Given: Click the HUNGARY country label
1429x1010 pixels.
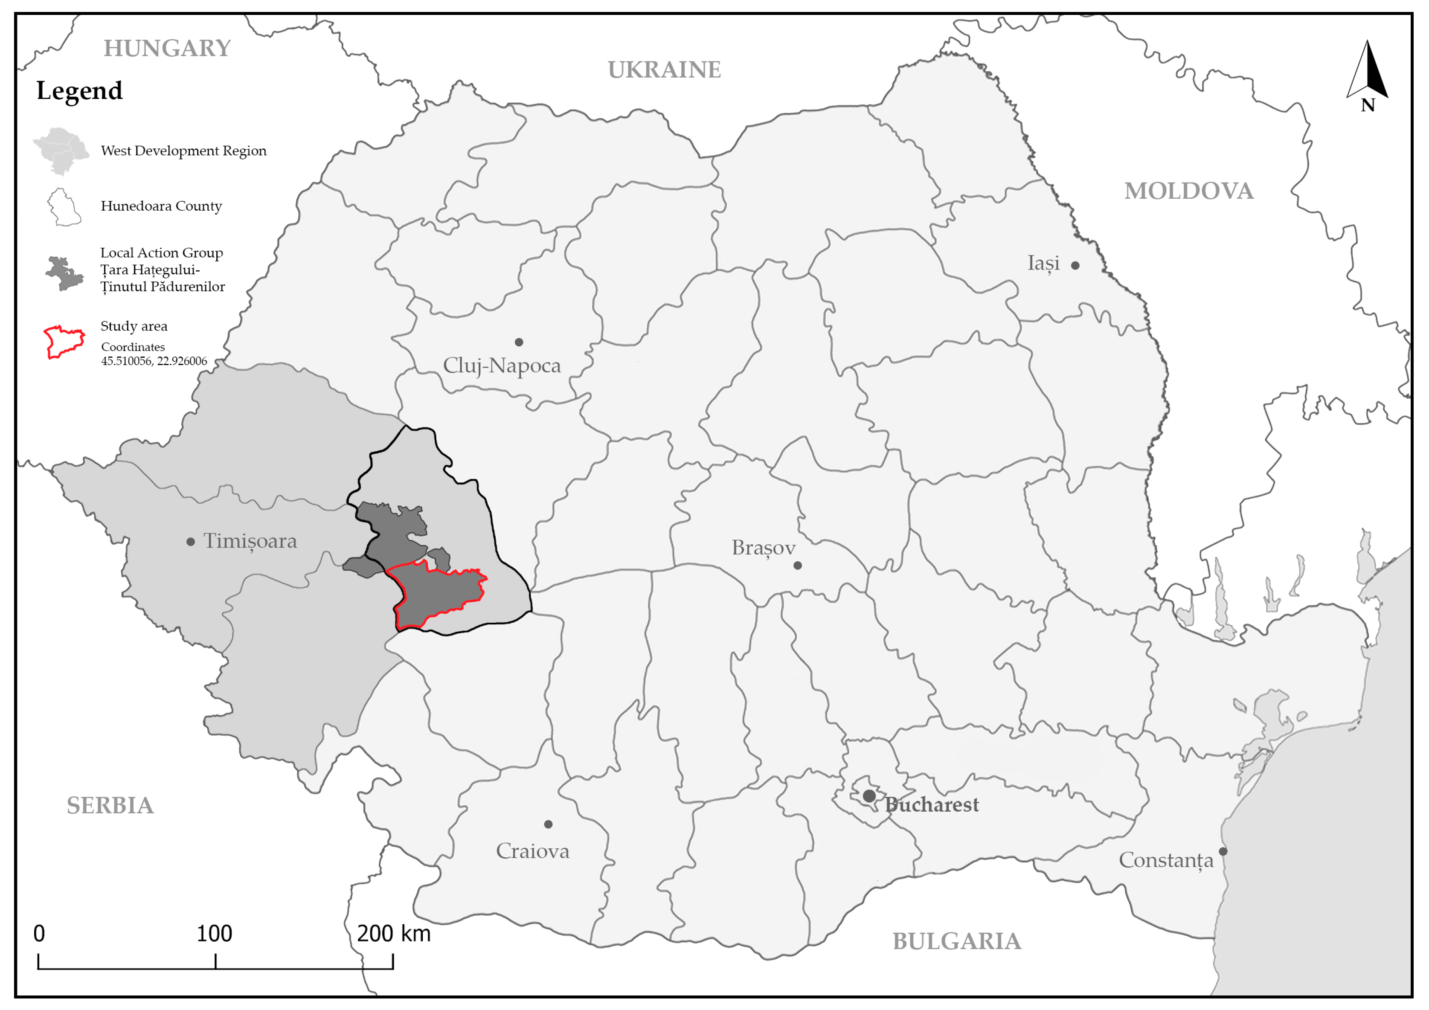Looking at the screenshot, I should tap(167, 49).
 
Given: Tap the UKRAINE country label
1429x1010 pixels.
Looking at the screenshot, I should tap(664, 70).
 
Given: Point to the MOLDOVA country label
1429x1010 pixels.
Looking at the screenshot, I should tap(1188, 191).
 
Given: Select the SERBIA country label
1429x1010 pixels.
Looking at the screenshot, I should tap(110, 805).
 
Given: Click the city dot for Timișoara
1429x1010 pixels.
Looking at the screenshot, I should tap(190, 542).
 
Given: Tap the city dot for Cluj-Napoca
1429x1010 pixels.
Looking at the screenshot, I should tap(518, 342).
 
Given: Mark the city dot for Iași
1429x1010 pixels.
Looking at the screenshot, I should tap(1075, 266).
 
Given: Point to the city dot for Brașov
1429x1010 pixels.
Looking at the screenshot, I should tap(797, 566).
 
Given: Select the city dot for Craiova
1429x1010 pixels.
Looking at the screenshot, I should tap(548, 824).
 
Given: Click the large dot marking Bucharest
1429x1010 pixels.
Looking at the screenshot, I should tap(869, 796).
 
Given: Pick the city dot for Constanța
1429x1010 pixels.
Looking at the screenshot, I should tap(1223, 851).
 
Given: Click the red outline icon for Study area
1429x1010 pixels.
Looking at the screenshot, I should tap(64, 342).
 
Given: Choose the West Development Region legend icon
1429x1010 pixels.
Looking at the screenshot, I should tap(61, 151).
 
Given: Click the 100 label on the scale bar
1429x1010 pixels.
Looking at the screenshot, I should tap(214, 934).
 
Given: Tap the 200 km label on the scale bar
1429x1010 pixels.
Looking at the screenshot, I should tap(393, 934).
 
